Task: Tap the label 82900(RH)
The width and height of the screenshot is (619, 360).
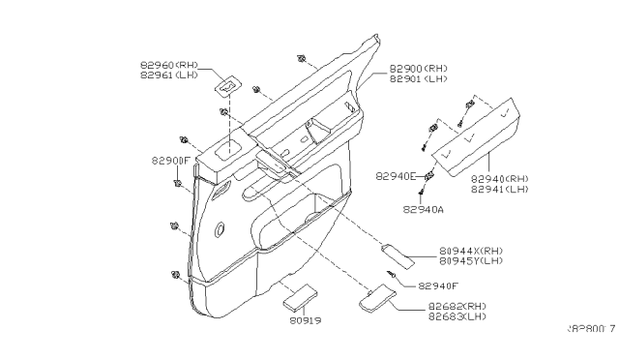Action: (419, 71)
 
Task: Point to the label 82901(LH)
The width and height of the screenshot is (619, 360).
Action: (419, 81)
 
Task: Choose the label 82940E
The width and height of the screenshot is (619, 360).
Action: (397, 177)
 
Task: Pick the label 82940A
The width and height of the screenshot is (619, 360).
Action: (423, 209)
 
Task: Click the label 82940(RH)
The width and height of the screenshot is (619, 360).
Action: (501, 179)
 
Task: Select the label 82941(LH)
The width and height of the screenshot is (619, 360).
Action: (501, 190)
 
